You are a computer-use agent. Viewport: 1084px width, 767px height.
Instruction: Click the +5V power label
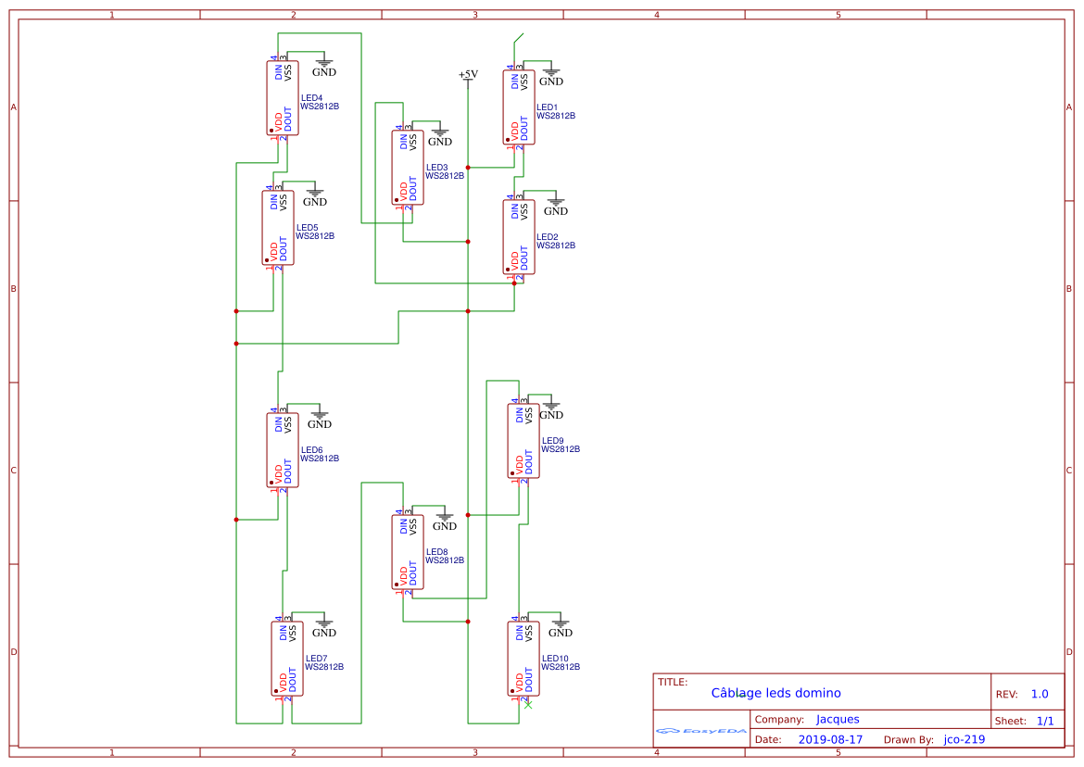(x=468, y=74)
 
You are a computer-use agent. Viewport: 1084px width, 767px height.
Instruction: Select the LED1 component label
(x=547, y=107)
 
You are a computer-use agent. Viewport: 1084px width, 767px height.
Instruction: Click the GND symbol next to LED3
(x=440, y=137)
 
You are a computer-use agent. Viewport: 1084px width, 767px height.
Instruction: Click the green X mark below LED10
(x=528, y=706)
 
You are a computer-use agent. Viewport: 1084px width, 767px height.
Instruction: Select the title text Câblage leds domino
(x=775, y=693)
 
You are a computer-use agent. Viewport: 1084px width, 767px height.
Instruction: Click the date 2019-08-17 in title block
(x=830, y=739)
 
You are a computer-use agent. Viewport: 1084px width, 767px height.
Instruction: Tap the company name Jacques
(x=838, y=719)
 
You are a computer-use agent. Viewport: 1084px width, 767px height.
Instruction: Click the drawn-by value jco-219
(x=964, y=739)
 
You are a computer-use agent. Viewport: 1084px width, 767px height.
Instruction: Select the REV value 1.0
(x=1040, y=694)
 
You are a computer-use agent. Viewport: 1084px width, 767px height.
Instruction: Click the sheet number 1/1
(x=1044, y=721)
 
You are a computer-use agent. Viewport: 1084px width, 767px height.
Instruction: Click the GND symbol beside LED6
(x=320, y=420)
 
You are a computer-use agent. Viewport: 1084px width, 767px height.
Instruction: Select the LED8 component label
(x=436, y=552)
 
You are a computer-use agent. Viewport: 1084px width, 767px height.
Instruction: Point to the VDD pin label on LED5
(x=272, y=250)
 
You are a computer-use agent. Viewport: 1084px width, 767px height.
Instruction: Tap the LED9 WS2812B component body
(x=523, y=441)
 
